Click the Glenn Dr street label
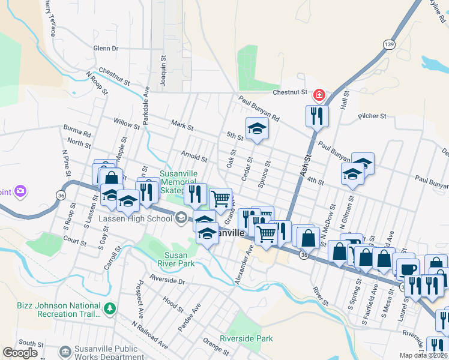(x=106, y=48)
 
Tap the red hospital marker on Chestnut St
(x=319, y=94)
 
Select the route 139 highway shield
(x=390, y=44)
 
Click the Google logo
(x=20, y=353)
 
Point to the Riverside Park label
(x=246, y=338)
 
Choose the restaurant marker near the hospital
(x=316, y=115)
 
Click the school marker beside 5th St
(x=256, y=128)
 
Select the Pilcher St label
(x=373, y=116)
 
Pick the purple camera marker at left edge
(x=20, y=191)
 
